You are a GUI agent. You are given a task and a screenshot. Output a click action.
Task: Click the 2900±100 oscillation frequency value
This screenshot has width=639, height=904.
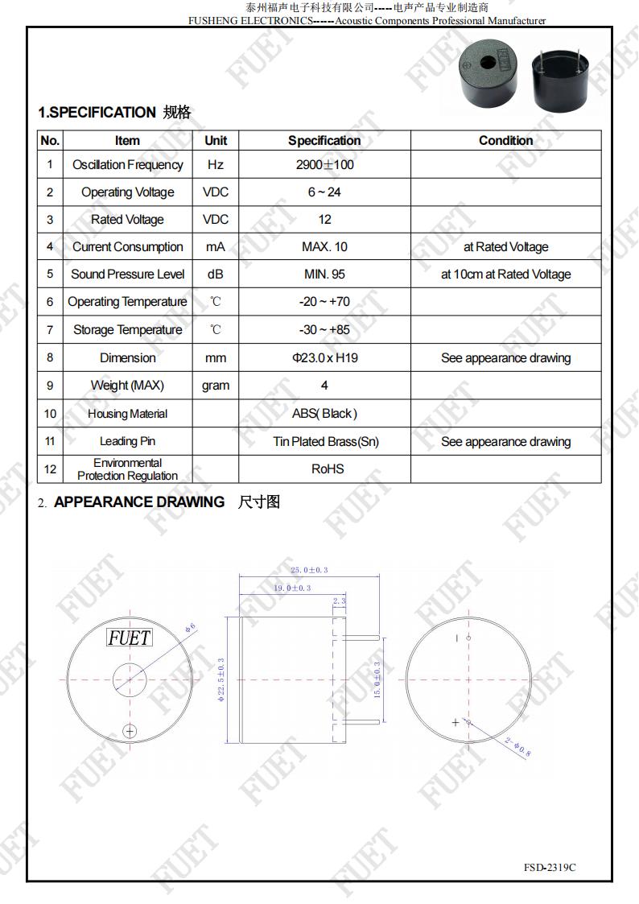point(324,165)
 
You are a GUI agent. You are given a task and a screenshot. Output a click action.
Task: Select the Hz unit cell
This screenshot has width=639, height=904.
point(215,165)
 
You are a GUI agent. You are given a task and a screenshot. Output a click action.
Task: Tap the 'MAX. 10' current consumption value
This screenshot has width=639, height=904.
point(324,247)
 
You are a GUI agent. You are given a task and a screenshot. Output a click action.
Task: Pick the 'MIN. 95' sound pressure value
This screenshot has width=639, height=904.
point(324,275)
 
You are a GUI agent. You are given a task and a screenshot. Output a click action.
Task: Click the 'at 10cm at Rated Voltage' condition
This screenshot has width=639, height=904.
point(505,275)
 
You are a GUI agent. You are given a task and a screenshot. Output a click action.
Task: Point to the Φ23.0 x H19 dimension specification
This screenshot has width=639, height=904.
point(324,357)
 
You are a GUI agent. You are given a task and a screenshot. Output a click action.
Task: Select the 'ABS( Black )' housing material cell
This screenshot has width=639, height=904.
point(324,414)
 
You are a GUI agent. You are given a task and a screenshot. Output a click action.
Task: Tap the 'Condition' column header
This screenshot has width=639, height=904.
point(505,140)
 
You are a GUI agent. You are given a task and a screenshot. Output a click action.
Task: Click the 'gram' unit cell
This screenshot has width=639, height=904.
point(215,386)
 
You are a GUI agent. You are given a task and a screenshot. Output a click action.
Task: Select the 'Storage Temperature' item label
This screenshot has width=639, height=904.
point(127,330)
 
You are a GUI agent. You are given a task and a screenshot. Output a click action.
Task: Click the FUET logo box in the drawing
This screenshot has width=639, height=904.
point(129,638)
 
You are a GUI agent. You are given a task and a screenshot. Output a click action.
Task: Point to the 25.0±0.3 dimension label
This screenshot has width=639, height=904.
point(309,570)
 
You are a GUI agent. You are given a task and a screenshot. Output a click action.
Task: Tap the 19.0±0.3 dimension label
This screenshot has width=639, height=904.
point(291,588)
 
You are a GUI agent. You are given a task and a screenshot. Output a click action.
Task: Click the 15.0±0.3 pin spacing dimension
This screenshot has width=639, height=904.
point(377,680)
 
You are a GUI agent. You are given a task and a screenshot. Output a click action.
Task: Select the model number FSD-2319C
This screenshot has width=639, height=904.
point(550,867)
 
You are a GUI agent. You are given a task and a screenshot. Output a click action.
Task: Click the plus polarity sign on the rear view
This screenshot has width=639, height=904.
point(456,722)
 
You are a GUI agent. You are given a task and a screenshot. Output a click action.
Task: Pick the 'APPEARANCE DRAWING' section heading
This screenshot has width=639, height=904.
point(138,502)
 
